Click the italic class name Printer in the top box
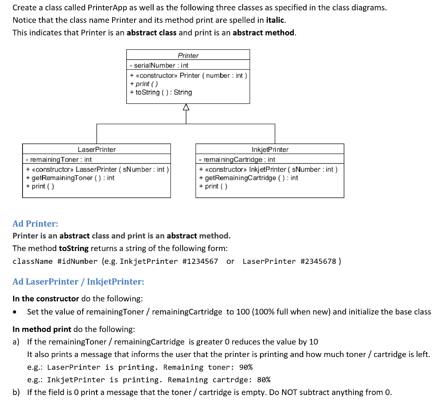(188, 55)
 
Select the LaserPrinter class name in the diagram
(96, 149)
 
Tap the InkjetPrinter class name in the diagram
(270, 149)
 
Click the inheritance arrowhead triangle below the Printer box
(186, 107)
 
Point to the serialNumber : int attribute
(159, 65)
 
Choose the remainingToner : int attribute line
(59, 160)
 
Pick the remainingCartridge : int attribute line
(237, 160)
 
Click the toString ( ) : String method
(161, 92)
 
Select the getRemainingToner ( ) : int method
(70, 178)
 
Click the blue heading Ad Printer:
(35, 224)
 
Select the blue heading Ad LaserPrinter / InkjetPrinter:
(78, 282)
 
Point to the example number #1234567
(200, 261)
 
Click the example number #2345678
(318, 261)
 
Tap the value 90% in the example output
(246, 367)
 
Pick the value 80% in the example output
(263, 380)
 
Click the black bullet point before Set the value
(16, 312)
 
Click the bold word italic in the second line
(274, 20)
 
